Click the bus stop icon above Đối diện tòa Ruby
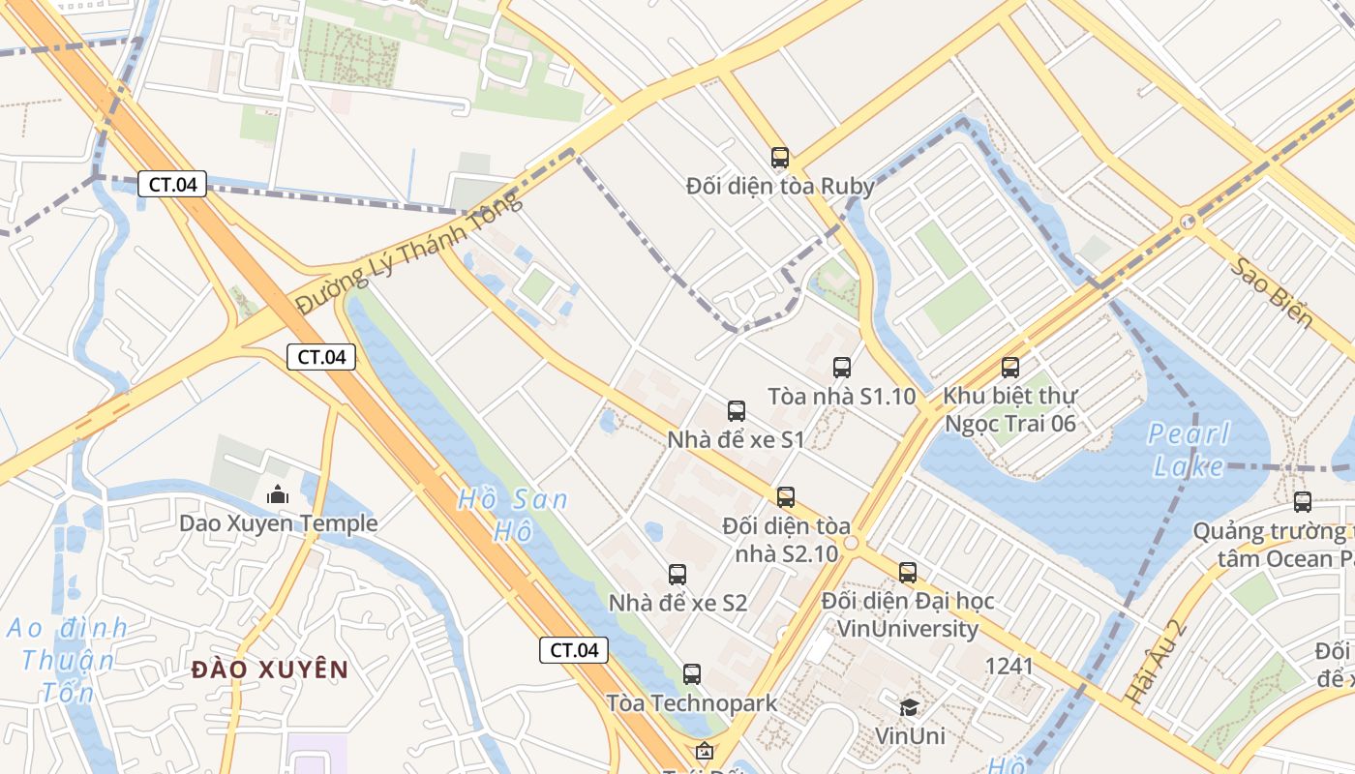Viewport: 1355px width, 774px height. point(780,157)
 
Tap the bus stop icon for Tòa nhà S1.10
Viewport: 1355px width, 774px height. point(842,367)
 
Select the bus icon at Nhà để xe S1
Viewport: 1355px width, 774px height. point(737,410)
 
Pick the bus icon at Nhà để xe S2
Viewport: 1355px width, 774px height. point(677,574)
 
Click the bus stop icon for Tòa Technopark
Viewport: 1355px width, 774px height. point(692,673)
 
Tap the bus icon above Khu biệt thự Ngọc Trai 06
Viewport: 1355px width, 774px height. point(1010,367)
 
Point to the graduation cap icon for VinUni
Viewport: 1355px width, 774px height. point(909,707)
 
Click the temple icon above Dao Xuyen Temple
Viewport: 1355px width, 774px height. point(278,494)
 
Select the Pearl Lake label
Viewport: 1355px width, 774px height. point(1189,450)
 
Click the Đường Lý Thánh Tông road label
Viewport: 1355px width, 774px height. point(408,253)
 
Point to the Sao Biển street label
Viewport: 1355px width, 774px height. point(1272,292)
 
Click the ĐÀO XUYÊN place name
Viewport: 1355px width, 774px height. point(270,670)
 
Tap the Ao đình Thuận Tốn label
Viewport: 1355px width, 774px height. point(68,660)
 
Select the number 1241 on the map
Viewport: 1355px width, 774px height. point(1009,666)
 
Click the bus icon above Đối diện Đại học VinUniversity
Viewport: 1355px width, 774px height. point(907,572)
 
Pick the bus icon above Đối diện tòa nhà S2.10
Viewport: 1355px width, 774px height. point(786,496)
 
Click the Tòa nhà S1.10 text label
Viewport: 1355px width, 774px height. point(841,396)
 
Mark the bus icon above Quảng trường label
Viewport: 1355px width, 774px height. point(1303,501)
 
